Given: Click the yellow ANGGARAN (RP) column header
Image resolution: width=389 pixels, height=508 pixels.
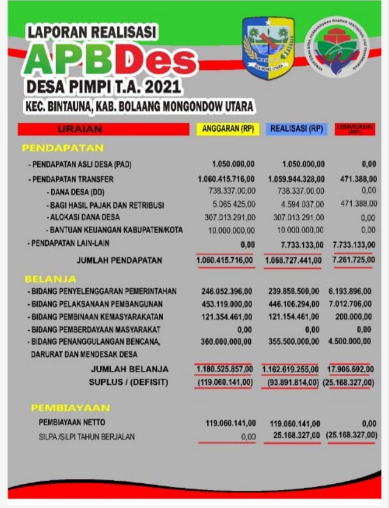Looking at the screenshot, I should (227, 129).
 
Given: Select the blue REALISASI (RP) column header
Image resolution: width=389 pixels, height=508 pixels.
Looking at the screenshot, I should (296, 129).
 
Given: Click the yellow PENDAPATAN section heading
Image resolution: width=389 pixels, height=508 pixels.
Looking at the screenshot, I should (63, 148).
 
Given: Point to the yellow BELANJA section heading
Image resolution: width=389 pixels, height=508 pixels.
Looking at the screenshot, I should (50, 279).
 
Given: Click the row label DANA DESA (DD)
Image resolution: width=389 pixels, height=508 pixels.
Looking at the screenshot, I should (78, 191).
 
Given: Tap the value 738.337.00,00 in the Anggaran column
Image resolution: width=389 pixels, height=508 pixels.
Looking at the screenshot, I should (231, 191).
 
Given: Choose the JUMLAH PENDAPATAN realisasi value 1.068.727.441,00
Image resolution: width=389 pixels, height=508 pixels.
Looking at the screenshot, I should (293, 260).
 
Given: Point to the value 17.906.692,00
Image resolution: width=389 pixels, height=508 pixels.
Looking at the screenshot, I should (351, 370).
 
